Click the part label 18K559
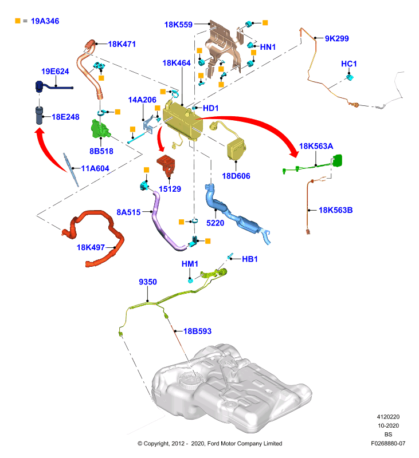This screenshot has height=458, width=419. pos(178,25)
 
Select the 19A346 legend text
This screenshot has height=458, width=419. pos(45,21)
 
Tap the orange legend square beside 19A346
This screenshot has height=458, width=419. pos(18,21)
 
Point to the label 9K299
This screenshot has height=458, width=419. pos(337,38)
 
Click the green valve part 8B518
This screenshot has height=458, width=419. pos(100,129)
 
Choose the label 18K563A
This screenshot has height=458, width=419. pos(316,146)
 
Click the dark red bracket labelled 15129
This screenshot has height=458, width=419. pos(167,165)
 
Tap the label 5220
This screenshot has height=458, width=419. pos(215,223)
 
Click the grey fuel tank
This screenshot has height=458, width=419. pos(231,389)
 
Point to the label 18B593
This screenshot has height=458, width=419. pos(197,331)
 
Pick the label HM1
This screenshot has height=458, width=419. pos(190,264)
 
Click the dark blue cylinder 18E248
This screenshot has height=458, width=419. pos(39,116)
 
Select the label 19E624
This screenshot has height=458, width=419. pos(55,71)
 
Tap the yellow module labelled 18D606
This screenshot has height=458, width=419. pos(236,149)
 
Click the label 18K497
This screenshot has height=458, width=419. pos(91,247)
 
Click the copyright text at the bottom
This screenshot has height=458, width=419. pos(210,443)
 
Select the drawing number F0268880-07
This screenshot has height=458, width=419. pos(388,443)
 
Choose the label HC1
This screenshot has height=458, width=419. pos(349,64)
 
